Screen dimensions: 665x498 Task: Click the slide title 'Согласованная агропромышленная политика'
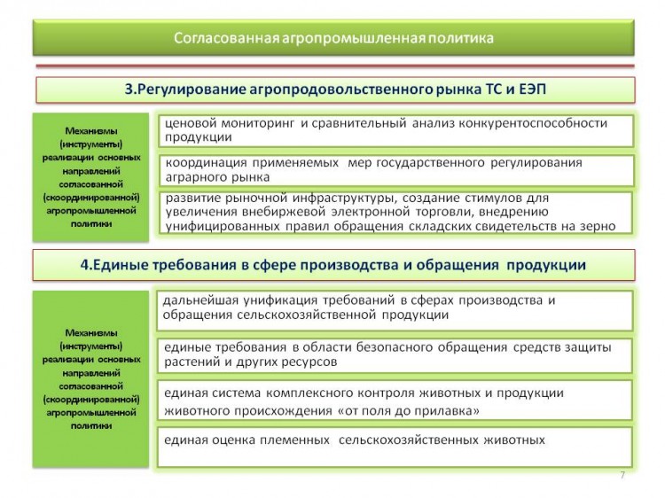pos(333,38)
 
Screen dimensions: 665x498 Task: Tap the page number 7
pos(622,475)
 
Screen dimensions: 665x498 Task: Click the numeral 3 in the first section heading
pos(129,89)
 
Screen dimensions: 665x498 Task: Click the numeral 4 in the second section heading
pos(84,265)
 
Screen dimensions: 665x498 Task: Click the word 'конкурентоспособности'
pos(533,123)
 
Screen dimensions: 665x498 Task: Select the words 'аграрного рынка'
pos(217,177)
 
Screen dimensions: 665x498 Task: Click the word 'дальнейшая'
pos(198,301)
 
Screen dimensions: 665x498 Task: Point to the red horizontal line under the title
pos(335,66)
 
